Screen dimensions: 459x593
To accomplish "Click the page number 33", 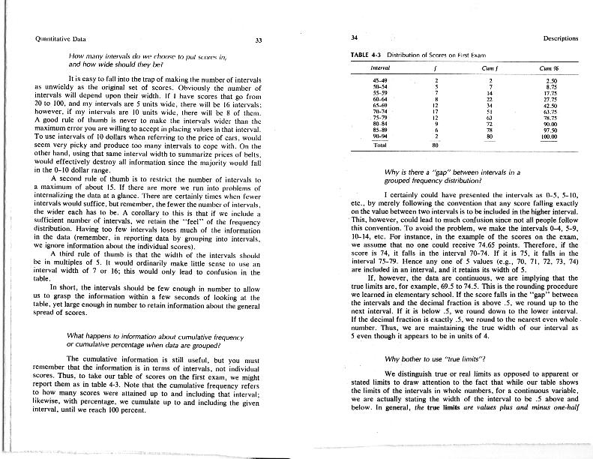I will (x=259, y=40).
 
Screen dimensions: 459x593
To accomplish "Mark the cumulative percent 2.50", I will (x=553, y=79).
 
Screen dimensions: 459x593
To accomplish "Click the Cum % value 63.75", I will (x=552, y=111).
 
